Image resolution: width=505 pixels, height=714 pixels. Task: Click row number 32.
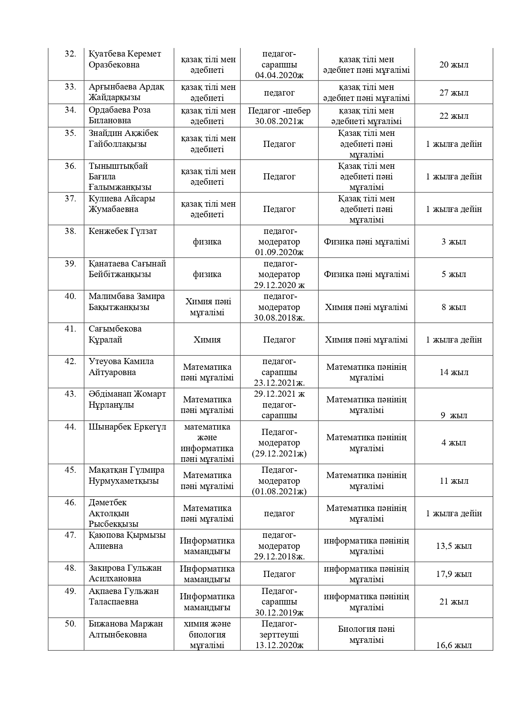[x=70, y=54]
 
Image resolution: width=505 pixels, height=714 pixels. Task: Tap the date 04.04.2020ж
[x=279, y=76]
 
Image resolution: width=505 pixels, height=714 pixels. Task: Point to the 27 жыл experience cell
[x=454, y=93]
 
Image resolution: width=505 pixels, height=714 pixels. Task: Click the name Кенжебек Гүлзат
[x=123, y=231]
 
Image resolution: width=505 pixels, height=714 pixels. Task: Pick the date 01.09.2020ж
[x=279, y=252]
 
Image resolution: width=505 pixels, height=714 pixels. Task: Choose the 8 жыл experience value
[x=454, y=307]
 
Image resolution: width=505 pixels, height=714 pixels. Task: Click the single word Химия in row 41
[x=207, y=340]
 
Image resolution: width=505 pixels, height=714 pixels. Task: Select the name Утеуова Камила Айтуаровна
[x=121, y=367]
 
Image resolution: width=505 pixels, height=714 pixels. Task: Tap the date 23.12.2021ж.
[x=279, y=383]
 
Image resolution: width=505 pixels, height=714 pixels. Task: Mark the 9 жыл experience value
[x=454, y=415]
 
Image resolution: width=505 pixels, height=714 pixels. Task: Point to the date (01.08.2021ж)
[x=279, y=491]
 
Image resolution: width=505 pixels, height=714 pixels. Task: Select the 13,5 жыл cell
[x=454, y=546]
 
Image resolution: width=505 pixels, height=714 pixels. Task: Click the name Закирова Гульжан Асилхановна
[x=125, y=573]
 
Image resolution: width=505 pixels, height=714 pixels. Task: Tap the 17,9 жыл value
[x=454, y=574]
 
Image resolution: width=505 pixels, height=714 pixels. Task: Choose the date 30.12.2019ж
[x=279, y=613]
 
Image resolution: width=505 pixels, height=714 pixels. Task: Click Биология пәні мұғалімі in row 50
[x=366, y=635]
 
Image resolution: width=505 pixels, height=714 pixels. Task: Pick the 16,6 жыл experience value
[x=454, y=645]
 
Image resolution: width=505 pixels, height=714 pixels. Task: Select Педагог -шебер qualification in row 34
[x=279, y=111]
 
